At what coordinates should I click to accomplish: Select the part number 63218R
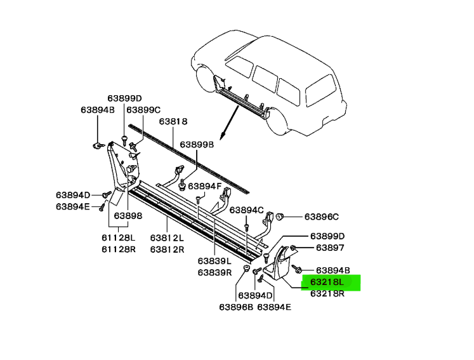(327, 294)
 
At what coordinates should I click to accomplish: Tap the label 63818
(173, 121)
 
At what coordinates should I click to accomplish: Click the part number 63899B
(197, 145)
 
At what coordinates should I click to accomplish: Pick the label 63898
(128, 215)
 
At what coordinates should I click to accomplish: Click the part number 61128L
(120, 237)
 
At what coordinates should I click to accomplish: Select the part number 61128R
(120, 249)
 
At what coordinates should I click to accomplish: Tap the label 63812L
(167, 237)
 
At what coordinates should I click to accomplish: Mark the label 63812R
(167, 250)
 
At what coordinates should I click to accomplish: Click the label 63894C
(246, 210)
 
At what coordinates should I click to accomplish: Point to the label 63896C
(322, 216)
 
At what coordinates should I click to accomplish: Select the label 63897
(330, 248)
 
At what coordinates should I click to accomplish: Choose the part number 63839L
(214, 260)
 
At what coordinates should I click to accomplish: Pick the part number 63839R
(214, 272)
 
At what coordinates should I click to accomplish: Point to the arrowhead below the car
(221, 137)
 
